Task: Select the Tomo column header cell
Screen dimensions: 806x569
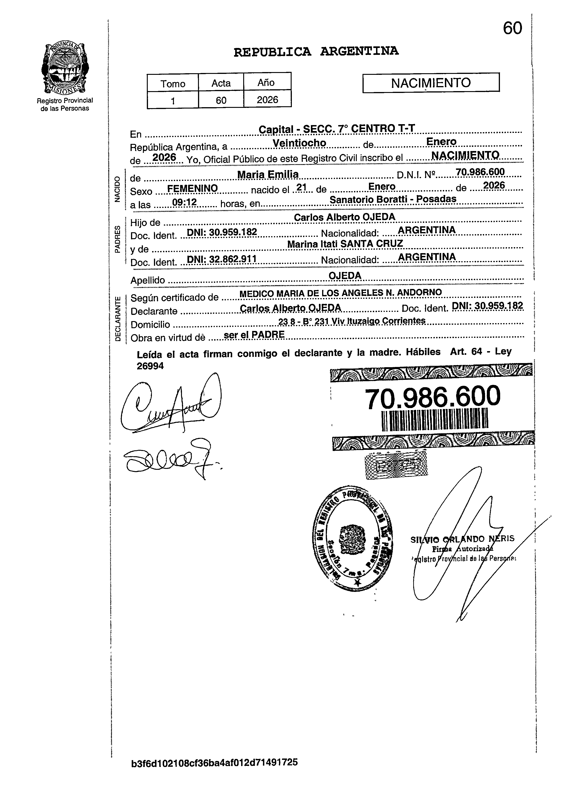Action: (x=173, y=84)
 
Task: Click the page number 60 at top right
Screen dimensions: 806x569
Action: (x=513, y=28)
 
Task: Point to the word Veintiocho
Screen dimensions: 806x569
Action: (x=299, y=143)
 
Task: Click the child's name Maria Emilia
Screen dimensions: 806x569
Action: (x=268, y=174)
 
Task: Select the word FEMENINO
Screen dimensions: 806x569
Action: (x=192, y=188)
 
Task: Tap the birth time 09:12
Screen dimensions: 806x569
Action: (x=184, y=202)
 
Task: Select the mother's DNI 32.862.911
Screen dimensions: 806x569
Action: (x=222, y=259)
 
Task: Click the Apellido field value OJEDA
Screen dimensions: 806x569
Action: (x=345, y=276)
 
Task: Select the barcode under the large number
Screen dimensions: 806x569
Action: (x=435, y=420)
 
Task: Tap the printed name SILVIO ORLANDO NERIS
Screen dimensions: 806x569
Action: (x=462, y=539)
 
